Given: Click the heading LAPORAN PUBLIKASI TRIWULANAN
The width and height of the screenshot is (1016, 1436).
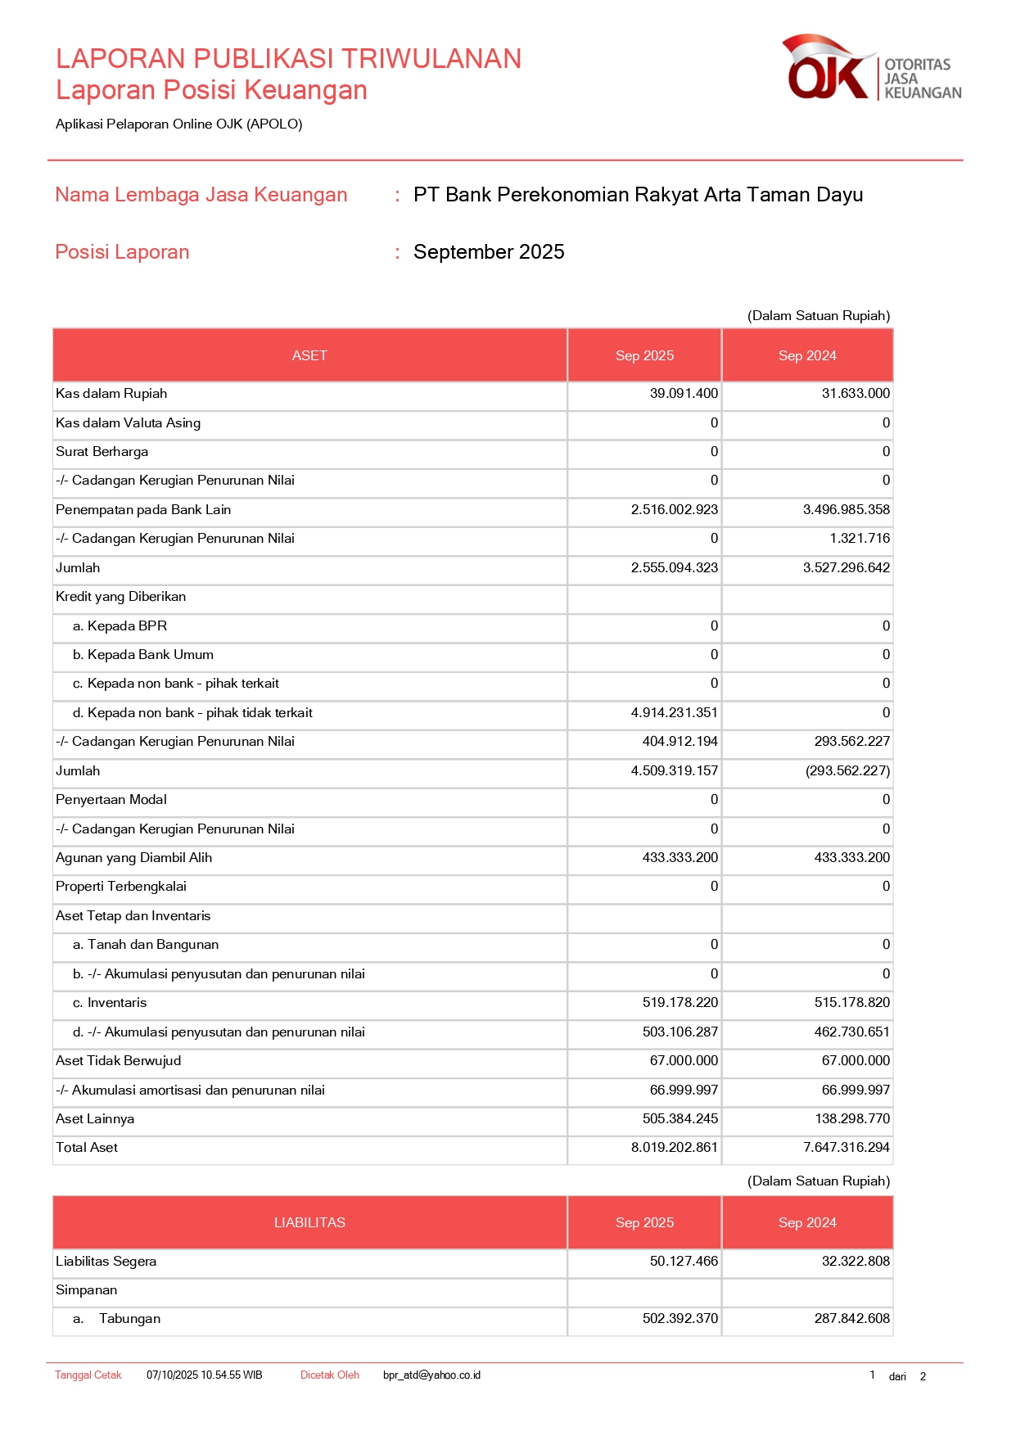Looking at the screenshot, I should [x=288, y=59].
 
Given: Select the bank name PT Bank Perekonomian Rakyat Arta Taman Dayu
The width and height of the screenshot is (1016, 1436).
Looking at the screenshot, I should [x=638, y=195].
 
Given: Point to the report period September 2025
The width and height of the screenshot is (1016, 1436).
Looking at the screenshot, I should [x=489, y=252].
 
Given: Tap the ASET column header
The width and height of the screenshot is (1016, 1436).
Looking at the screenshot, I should [x=309, y=355].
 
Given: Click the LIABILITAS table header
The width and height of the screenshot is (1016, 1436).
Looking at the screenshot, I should [x=309, y=1222].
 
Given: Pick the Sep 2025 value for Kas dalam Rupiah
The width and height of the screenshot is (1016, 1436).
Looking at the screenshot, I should [x=684, y=394].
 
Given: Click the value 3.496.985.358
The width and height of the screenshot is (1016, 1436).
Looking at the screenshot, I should [x=846, y=510].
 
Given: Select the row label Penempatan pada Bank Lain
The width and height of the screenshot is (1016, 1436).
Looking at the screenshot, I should [x=143, y=510].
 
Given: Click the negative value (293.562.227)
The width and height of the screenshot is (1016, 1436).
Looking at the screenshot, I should [x=847, y=771].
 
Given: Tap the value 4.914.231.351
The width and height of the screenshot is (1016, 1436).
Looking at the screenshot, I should [x=674, y=713].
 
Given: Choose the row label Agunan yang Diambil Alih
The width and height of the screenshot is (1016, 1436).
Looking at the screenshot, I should [x=133, y=858].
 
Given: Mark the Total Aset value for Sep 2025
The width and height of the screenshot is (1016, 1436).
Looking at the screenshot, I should [x=674, y=1148].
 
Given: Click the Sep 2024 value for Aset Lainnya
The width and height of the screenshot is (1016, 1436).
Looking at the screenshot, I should [x=851, y=1119].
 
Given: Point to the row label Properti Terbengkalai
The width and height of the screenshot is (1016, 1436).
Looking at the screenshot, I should [x=121, y=887].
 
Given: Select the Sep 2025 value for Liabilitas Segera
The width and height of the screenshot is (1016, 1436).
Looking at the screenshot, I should [x=684, y=1262].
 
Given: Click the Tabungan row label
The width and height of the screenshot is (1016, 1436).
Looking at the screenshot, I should [x=129, y=1319].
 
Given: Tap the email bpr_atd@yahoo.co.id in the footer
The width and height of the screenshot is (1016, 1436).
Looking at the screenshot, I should [x=431, y=1375].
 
